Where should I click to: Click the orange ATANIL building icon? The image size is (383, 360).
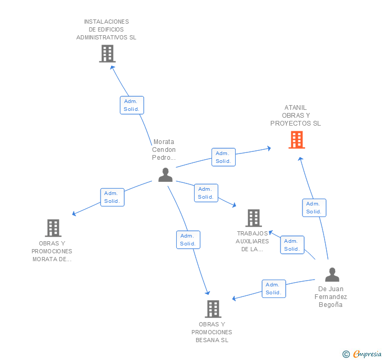click(297, 140)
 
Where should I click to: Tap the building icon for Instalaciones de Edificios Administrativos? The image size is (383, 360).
click(107, 54)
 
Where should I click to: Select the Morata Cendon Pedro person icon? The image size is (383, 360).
click(165, 175)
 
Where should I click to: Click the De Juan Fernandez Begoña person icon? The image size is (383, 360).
click(332, 275)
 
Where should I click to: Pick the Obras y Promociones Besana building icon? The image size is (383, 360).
click(213, 309)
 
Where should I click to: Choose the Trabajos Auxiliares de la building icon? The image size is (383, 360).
click(254, 218)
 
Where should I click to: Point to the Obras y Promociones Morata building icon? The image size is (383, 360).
click(53, 228)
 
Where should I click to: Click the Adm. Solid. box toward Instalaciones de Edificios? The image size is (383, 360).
click(132, 105)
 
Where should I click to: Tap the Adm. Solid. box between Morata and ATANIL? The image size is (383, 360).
click(223, 157)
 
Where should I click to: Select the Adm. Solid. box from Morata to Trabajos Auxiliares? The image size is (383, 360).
click(206, 193)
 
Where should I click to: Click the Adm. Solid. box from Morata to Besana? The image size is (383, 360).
click(188, 240)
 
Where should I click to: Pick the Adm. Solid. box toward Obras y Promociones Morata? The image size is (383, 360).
click(112, 197)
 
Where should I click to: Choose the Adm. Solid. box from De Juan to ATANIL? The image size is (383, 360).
click(314, 208)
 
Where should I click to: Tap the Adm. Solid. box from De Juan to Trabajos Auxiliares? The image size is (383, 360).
click(292, 245)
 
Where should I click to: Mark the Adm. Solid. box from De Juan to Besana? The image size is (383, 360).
click(274, 289)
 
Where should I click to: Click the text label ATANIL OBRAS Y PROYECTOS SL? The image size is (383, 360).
click(295, 116)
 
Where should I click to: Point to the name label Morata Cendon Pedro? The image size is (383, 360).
click(164, 149)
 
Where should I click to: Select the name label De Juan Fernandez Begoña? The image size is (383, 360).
click(331, 296)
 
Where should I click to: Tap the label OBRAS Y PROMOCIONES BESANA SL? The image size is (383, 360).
click(211, 332)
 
